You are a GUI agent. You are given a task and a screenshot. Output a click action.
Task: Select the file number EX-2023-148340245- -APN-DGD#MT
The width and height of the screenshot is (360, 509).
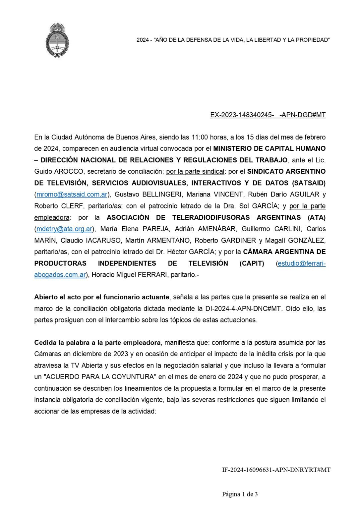(x=268, y=115)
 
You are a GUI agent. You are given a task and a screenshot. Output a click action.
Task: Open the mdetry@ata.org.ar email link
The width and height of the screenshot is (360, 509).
(x=64, y=229)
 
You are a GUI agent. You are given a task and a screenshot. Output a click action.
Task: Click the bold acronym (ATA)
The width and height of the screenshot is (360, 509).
(x=317, y=217)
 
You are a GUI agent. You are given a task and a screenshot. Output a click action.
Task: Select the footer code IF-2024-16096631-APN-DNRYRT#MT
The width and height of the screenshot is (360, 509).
(x=276, y=470)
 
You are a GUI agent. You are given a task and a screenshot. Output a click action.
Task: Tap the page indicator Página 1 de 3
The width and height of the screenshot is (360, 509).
(x=240, y=494)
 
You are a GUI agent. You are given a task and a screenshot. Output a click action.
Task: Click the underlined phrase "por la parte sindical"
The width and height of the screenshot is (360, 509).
(x=195, y=171)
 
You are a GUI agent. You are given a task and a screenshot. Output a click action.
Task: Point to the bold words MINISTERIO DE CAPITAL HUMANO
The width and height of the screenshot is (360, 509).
(x=269, y=148)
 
